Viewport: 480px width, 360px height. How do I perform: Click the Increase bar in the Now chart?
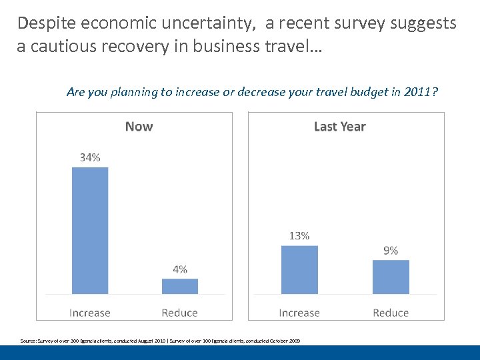pos(90,230)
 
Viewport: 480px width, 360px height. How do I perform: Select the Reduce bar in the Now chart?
pos(180,286)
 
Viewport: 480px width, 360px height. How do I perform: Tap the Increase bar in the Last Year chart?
pos(299,269)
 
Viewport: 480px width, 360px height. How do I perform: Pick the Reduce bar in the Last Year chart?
pos(391,277)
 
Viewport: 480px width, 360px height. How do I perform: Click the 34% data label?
pos(90,157)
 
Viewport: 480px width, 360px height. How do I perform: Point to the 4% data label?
pos(180,269)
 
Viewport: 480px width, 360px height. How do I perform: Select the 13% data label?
pos(299,235)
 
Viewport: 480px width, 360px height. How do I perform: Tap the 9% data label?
pos(391,250)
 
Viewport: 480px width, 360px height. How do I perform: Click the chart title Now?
pos(139,127)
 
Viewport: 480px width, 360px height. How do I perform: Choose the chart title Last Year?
pos(339,127)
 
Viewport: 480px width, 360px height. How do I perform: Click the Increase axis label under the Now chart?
pos(90,313)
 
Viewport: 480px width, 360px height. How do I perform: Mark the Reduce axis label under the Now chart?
pos(180,313)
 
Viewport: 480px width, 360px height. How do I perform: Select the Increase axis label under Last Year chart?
pos(299,313)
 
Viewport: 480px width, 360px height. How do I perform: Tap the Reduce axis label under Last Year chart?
pos(391,313)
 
